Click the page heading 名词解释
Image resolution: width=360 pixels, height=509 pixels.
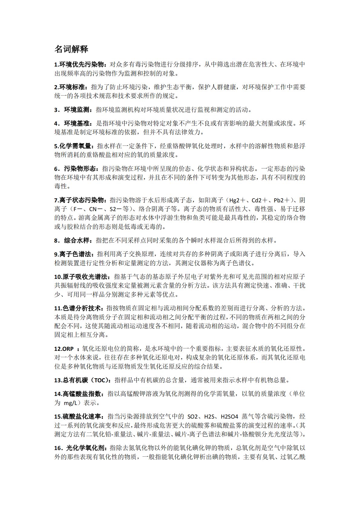[71, 49]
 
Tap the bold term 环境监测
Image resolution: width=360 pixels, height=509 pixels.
[77, 110]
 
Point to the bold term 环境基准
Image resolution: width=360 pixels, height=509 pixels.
[77, 123]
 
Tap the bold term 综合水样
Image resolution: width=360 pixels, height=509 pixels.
[77, 240]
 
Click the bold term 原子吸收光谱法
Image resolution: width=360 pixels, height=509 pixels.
[84, 277]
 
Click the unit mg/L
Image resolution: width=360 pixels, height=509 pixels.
[71, 403]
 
